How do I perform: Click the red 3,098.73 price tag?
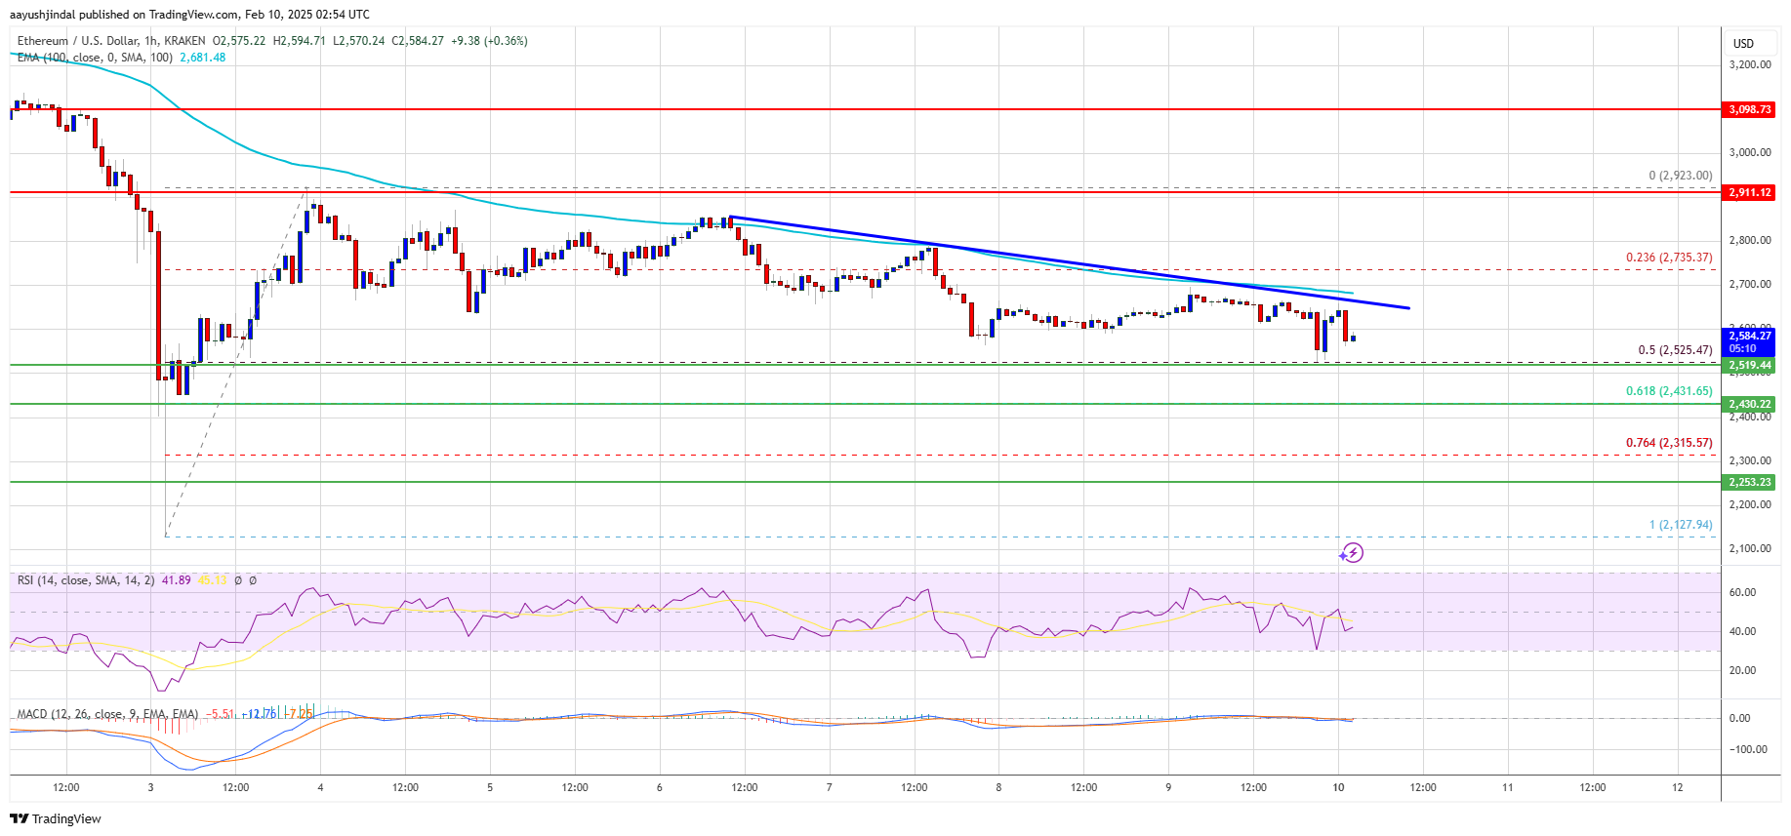click(1749, 109)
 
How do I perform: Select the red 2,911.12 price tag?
click(1749, 192)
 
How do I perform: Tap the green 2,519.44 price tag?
click(1749, 365)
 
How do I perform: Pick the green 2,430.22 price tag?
click(1749, 404)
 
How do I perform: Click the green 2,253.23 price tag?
click(1749, 482)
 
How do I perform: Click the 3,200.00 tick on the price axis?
click(1749, 64)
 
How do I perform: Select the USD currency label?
click(1743, 43)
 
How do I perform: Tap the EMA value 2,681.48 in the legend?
click(202, 58)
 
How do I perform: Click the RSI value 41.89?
click(176, 580)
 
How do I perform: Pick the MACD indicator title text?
click(107, 714)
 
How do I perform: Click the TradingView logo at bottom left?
click(57, 818)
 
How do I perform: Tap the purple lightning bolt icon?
click(1351, 553)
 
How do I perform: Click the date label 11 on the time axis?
click(1507, 787)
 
